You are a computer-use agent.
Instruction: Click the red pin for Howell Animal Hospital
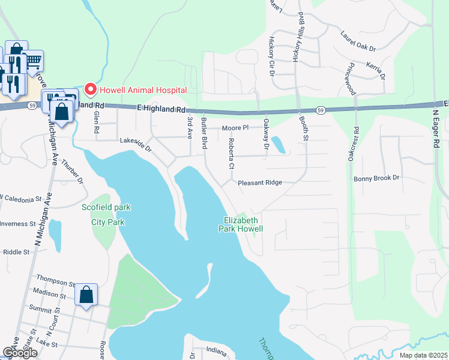coord(91,90)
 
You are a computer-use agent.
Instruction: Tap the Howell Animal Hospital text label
coord(143,90)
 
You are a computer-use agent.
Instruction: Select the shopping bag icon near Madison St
coord(86,295)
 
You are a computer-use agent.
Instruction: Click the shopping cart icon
coord(34,60)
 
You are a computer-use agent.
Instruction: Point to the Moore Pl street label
coord(235,128)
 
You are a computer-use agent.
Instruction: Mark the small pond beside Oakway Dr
coord(279,145)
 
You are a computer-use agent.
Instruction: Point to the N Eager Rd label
coord(436,128)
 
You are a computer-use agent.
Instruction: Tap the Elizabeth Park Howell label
coord(240,224)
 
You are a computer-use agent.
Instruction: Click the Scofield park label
coord(106,208)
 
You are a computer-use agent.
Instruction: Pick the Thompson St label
coord(55,278)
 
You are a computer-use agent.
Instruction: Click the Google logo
coord(20,352)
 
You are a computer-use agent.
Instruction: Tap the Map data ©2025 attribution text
coord(424,355)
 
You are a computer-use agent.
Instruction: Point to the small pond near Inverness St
coord(55,229)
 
